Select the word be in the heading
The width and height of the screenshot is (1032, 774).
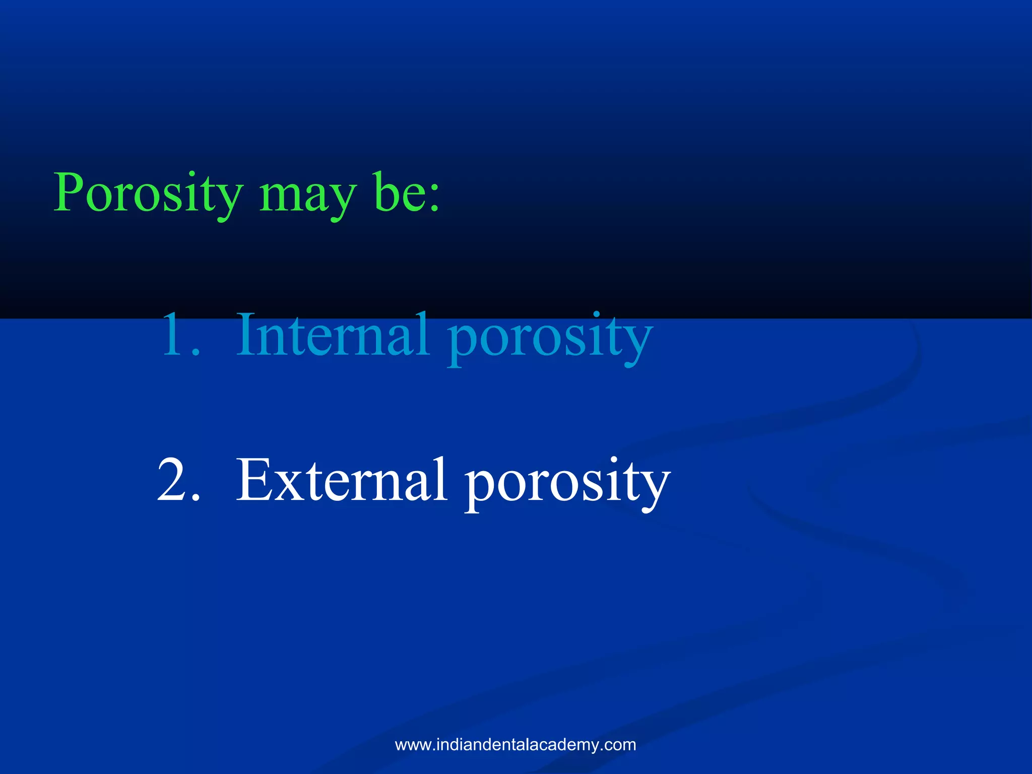pyautogui.click(x=398, y=194)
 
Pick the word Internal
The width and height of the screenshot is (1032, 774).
pyautogui.click(x=333, y=335)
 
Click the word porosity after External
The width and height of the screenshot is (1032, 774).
pyautogui.click(x=567, y=484)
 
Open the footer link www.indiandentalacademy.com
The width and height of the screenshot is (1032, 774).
pyautogui.click(x=515, y=745)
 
